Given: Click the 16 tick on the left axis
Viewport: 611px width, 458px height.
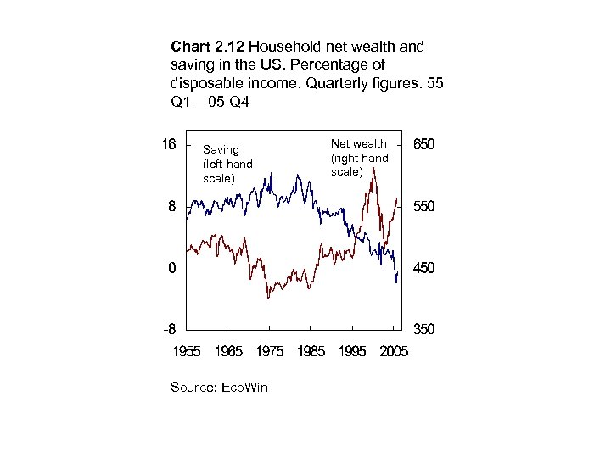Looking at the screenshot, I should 169,144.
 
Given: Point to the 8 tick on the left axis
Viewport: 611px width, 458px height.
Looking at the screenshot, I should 172,206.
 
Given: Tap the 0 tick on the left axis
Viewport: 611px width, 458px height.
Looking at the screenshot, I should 172,268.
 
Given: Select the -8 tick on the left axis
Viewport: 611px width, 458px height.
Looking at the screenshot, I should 170,329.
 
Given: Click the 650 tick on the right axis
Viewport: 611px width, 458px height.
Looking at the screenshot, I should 425,145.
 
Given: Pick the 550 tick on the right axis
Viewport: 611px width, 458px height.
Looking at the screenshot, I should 425,206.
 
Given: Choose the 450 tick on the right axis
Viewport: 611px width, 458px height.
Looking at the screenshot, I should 425,268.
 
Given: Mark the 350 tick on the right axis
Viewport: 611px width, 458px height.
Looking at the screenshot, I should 425,329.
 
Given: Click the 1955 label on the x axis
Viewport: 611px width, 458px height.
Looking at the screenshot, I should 188,350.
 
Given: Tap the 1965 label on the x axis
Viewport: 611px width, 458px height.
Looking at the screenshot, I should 229,350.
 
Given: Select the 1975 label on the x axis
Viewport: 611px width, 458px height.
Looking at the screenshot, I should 270,350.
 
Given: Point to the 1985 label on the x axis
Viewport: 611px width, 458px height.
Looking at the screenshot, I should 311,350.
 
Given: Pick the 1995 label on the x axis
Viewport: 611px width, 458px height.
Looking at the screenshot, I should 352,350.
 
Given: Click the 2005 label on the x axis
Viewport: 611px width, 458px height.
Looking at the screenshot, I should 391,350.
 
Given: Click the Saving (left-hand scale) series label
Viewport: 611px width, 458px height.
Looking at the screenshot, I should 221,164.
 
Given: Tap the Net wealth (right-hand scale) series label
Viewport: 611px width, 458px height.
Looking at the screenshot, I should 359,158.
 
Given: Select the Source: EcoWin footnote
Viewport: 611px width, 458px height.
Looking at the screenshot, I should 219,387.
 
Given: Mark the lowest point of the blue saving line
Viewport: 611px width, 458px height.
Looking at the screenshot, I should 395,283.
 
